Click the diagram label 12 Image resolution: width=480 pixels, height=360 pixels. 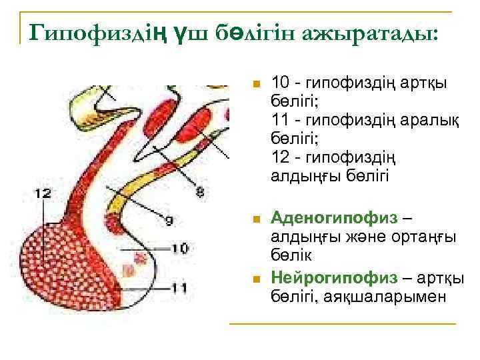42,193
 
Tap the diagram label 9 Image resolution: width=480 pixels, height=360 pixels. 168,220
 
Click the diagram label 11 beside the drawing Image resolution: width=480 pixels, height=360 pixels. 178,287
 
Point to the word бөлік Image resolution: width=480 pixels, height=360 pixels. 293,254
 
